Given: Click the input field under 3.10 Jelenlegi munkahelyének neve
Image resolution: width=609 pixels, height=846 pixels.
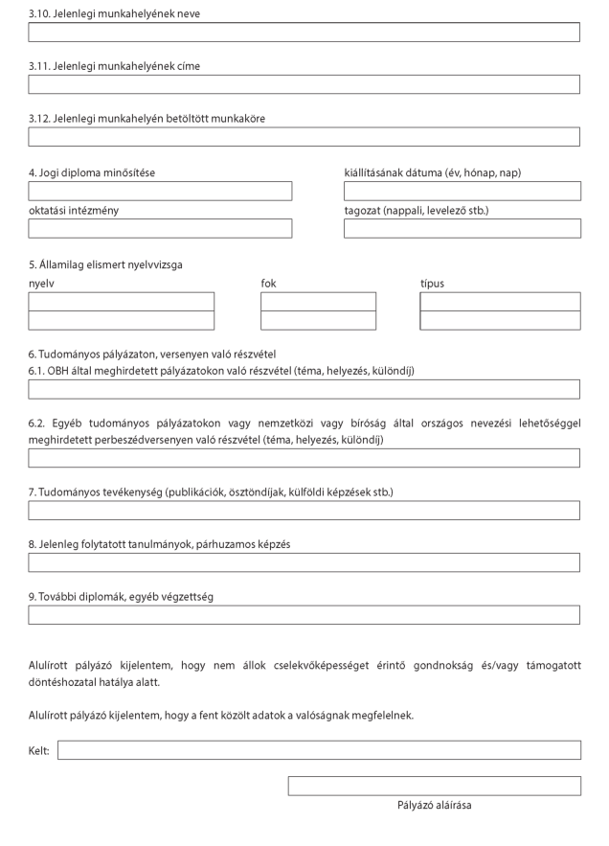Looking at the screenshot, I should (x=304, y=33).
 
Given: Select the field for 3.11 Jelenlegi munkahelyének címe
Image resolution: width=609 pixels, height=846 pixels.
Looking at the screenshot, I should (x=304, y=84).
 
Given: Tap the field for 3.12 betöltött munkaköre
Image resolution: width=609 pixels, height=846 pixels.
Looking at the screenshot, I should (x=304, y=137).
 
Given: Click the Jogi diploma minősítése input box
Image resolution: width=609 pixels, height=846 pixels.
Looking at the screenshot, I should (x=160, y=191).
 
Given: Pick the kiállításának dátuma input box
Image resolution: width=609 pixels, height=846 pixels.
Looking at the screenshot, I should (x=462, y=191).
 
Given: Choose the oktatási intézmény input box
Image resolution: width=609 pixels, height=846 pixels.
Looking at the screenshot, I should (x=160, y=228).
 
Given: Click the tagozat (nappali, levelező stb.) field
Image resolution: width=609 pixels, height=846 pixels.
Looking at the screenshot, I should (x=462, y=228).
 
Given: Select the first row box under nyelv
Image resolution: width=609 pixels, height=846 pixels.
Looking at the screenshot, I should (x=122, y=302).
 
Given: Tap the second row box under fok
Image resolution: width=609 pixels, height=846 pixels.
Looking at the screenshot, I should (x=318, y=321).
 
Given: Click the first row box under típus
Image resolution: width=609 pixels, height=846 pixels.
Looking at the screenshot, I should (x=500, y=302).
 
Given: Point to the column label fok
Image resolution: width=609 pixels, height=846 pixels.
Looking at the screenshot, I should (x=268, y=284).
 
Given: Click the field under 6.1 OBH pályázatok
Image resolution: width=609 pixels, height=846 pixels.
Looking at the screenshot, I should (x=304, y=389).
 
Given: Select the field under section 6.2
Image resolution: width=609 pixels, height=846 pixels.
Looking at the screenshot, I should (x=304, y=458).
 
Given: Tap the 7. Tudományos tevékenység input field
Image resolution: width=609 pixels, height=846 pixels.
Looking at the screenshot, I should (x=304, y=511).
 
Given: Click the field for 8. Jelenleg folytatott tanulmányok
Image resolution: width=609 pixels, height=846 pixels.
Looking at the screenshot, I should (x=304, y=562).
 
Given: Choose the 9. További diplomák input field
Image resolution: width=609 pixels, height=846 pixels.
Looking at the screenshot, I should (x=304, y=615).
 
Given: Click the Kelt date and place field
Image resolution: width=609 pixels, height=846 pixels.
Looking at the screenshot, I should (x=319, y=750).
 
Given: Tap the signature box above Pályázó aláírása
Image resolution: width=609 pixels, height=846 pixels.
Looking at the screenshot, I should (x=435, y=786).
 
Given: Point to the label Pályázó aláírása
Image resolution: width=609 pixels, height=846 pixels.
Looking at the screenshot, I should (x=434, y=806).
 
